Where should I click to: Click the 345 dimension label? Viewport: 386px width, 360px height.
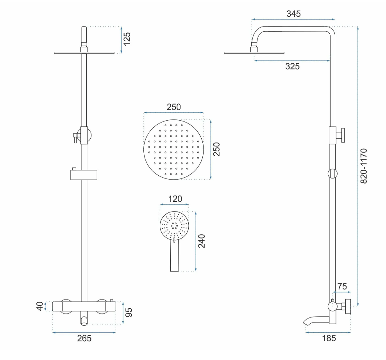[293, 14]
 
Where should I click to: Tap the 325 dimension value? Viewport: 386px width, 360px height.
[293, 66]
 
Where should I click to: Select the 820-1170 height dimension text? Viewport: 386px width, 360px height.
[364, 166]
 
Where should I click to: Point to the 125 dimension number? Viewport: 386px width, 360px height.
[127, 39]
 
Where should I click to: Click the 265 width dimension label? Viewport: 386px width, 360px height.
[84, 339]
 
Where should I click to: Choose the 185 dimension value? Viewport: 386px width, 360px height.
[329, 339]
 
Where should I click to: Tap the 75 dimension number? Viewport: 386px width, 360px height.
[342, 287]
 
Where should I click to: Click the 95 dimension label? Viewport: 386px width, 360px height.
[129, 312]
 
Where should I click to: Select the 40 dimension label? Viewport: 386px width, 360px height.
[39, 307]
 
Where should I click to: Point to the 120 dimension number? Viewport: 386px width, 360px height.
[175, 199]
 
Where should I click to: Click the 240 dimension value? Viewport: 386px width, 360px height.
[202, 241]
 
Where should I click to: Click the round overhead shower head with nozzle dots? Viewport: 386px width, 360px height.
[173, 150]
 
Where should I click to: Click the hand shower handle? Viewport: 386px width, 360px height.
[174, 255]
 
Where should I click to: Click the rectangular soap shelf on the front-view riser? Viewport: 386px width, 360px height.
[84, 175]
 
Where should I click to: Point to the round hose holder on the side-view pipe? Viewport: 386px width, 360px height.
[332, 174]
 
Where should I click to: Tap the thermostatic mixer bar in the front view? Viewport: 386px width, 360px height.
[84, 307]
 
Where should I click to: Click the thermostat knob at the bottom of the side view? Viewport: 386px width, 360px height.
[348, 307]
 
